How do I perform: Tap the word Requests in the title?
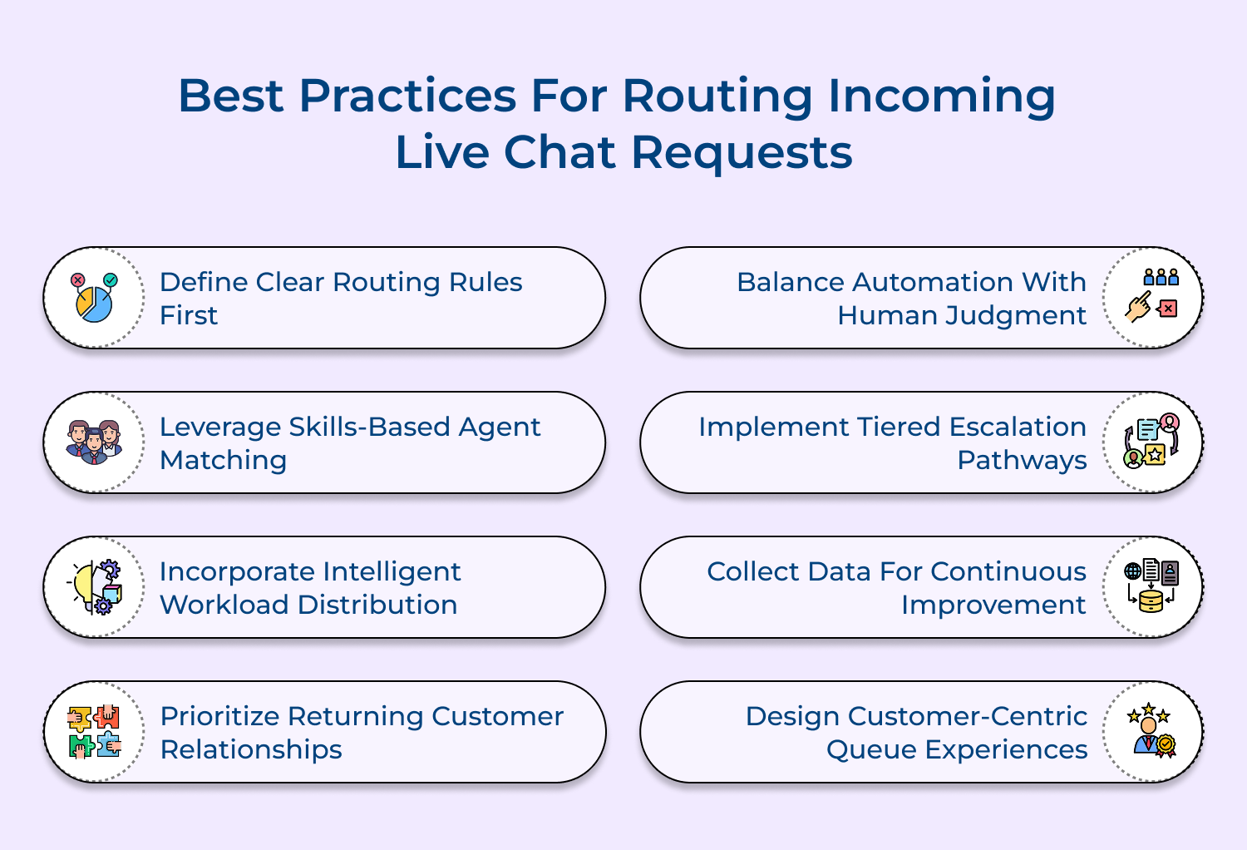coord(742,153)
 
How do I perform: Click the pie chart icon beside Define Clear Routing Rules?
coord(95,298)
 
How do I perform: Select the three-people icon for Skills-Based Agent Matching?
coord(95,442)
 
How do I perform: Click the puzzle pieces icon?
coord(95,732)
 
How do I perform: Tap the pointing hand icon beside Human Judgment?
coord(1152,297)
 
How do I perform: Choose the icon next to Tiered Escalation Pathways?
coord(1152,442)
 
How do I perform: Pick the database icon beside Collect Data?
coord(1152,586)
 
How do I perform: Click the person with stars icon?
coord(1151,731)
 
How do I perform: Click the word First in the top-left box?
coord(189,316)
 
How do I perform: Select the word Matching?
coord(223,460)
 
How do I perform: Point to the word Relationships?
coord(251,749)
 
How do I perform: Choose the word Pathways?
coord(1022,460)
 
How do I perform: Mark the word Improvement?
coord(993,605)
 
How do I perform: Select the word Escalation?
coord(1018,427)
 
